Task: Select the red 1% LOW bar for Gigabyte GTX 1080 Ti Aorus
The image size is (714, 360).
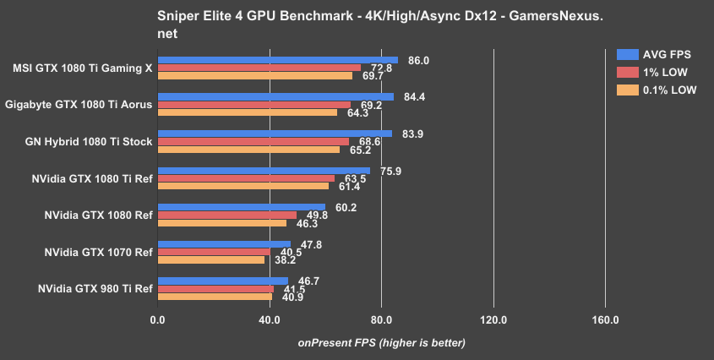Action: (253, 105)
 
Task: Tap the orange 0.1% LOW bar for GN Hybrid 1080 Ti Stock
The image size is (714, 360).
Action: (248, 150)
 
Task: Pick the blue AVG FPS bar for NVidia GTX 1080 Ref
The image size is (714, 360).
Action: (241, 206)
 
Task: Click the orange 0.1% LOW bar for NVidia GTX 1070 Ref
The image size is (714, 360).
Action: (210, 259)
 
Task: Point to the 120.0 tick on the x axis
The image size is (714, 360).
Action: (493, 320)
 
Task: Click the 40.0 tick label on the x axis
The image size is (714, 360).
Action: (270, 320)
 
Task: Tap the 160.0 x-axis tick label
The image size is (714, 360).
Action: (605, 320)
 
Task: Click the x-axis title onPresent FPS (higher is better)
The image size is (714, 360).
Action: (381, 343)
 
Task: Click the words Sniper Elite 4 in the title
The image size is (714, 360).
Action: (199, 16)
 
